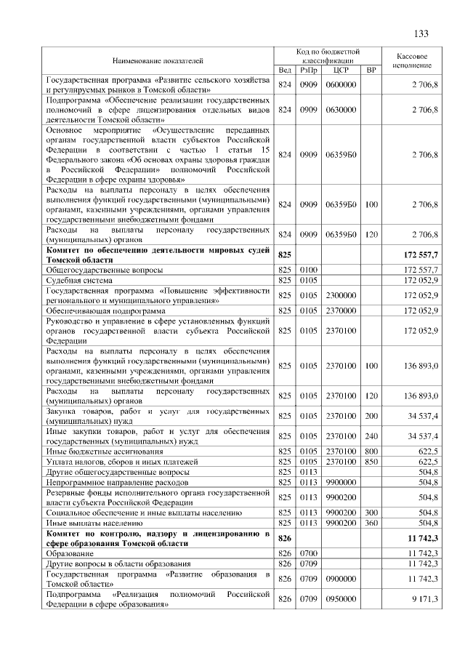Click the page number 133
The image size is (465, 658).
pos(421,34)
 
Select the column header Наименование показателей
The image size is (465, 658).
pos(158,60)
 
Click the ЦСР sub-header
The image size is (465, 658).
pos(341,70)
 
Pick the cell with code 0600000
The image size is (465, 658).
pos(341,85)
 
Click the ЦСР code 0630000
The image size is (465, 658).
pos(341,109)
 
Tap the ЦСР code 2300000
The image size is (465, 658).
pos(341,294)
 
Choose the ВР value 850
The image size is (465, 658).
pos(371,462)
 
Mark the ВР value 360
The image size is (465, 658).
pos(371,522)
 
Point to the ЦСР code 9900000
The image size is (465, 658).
pos(341,481)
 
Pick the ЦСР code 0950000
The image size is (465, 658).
pos(341,599)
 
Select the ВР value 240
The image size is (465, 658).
pos(371,436)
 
